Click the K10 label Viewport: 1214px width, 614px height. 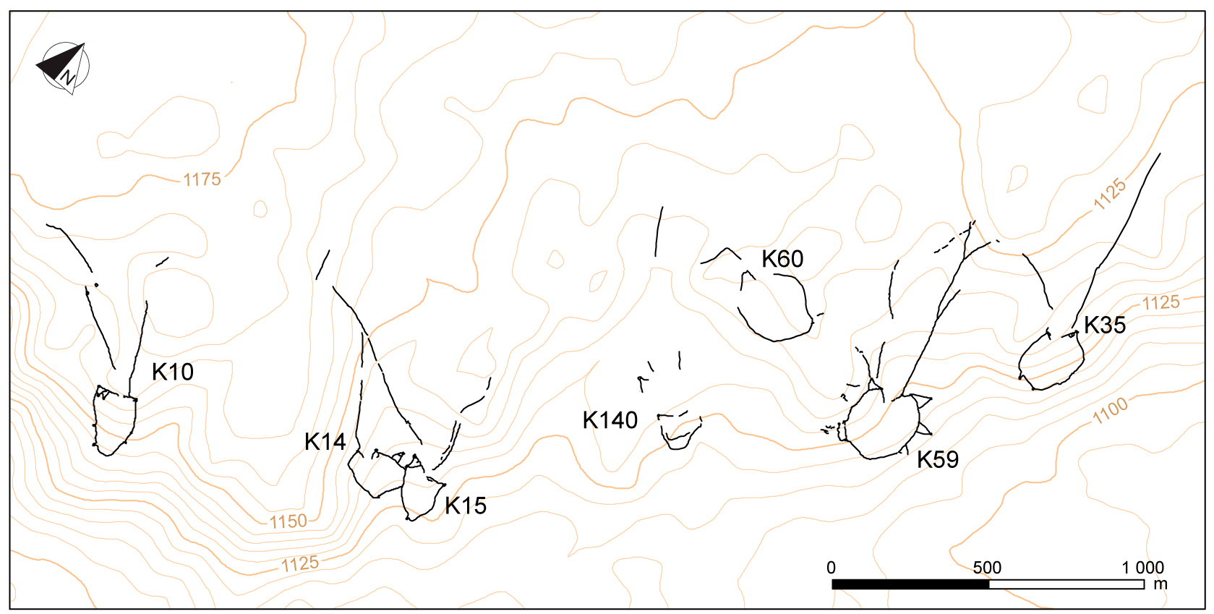(173, 372)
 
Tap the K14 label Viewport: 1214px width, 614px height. (325, 441)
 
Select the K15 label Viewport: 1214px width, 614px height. (466, 506)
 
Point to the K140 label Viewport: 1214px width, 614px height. (610, 420)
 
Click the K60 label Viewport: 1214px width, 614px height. (782, 259)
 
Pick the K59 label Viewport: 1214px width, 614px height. (938, 459)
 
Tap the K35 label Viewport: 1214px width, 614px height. (1105, 325)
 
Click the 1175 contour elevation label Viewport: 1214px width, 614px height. (202, 179)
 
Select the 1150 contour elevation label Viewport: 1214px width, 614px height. (288, 521)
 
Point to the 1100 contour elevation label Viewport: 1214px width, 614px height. (1110, 411)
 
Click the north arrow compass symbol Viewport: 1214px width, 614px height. (64, 67)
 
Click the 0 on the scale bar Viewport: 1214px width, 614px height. (832, 568)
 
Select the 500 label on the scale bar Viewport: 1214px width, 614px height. (987, 568)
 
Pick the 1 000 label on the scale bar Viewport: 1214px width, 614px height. (1142, 568)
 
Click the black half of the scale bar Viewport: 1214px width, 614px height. (910, 584)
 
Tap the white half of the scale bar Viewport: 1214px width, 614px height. (1066, 584)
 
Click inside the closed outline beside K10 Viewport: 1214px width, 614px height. (114, 423)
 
